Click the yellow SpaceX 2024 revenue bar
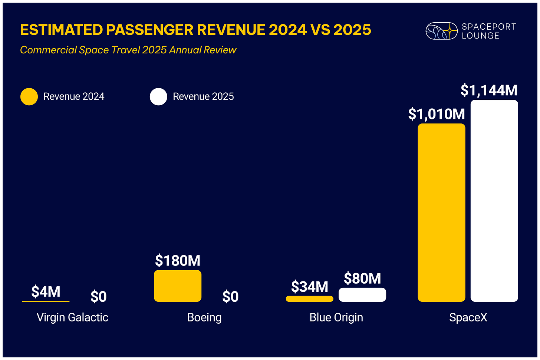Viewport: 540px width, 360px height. [441, 212]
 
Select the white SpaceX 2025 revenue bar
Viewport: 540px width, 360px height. [494, 201]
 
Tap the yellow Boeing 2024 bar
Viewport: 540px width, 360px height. [178, 285]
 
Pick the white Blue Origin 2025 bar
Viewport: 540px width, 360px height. [362, 294]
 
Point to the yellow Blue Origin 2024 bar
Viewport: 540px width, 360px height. [309, 298]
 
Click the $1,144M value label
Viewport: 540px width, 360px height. [489, 90]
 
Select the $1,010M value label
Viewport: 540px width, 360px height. [437, 114]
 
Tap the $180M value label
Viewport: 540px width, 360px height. [178, 261]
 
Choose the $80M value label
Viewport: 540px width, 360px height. [362, 278]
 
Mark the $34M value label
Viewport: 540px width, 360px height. [310, 287]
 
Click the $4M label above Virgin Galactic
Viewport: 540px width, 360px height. [46, 292]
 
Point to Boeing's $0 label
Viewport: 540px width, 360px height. [230, 297]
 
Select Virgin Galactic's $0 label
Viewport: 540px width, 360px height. [99, 297]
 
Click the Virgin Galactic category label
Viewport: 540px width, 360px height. [72, 317]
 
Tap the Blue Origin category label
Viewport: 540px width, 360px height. [336, 317]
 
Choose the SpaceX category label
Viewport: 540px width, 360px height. [468, 317]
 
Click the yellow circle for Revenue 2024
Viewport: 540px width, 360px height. [29, 96]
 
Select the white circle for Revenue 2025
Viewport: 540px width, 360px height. [158, 96]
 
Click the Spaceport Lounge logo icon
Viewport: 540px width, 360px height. [441, 31]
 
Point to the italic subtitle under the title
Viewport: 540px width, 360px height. [128, 50]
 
